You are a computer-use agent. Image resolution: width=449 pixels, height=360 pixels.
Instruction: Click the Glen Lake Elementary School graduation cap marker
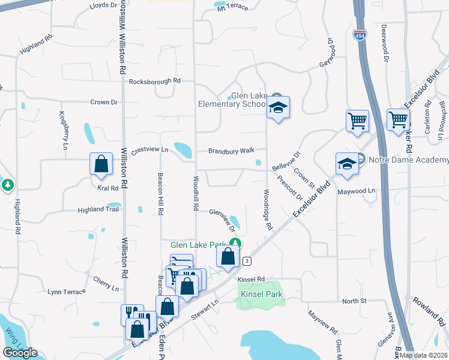(x=278, y=108)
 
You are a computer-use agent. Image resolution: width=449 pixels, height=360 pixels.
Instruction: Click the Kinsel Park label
(x=261, y=295)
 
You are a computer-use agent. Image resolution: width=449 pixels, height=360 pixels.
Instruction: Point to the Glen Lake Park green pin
(x=236, y=242)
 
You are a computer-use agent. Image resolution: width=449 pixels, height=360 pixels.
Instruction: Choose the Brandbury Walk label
(x=232, y=151)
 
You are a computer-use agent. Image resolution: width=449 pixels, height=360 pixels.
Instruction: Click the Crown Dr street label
(x=104, y=102)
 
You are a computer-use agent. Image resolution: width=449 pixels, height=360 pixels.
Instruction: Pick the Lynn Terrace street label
(x=67, y=292)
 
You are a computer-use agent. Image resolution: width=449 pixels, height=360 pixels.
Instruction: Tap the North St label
(x=354, y=301)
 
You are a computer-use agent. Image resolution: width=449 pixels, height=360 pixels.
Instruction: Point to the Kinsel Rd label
(x=251, y=280)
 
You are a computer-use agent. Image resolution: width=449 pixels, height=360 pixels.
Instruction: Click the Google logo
(x=20, y=353)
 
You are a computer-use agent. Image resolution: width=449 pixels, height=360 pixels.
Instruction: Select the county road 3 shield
(x=246, y=261)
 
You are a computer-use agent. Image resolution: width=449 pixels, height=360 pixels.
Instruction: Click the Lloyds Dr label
(x=103, y=5)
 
